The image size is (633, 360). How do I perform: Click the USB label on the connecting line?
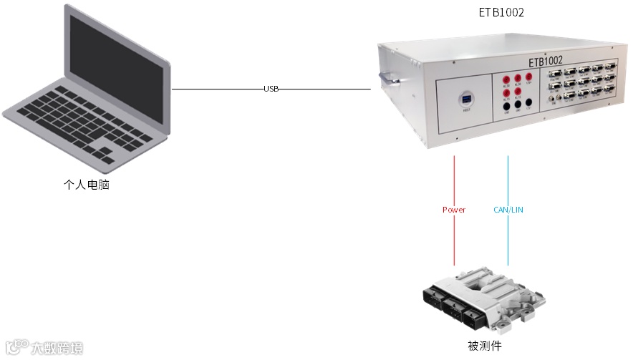tap(271, 89)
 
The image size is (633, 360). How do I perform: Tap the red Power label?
tap(454, 210)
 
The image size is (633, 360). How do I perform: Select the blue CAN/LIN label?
tap(508, 210)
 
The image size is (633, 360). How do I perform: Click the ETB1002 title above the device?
tap(501, 13)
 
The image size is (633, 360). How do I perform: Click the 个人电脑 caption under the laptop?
tap(87, 185)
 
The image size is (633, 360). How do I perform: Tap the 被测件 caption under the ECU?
tap(484, 346)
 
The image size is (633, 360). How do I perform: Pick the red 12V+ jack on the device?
tap(529, 77)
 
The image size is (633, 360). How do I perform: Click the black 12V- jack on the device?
tap(528, 103)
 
